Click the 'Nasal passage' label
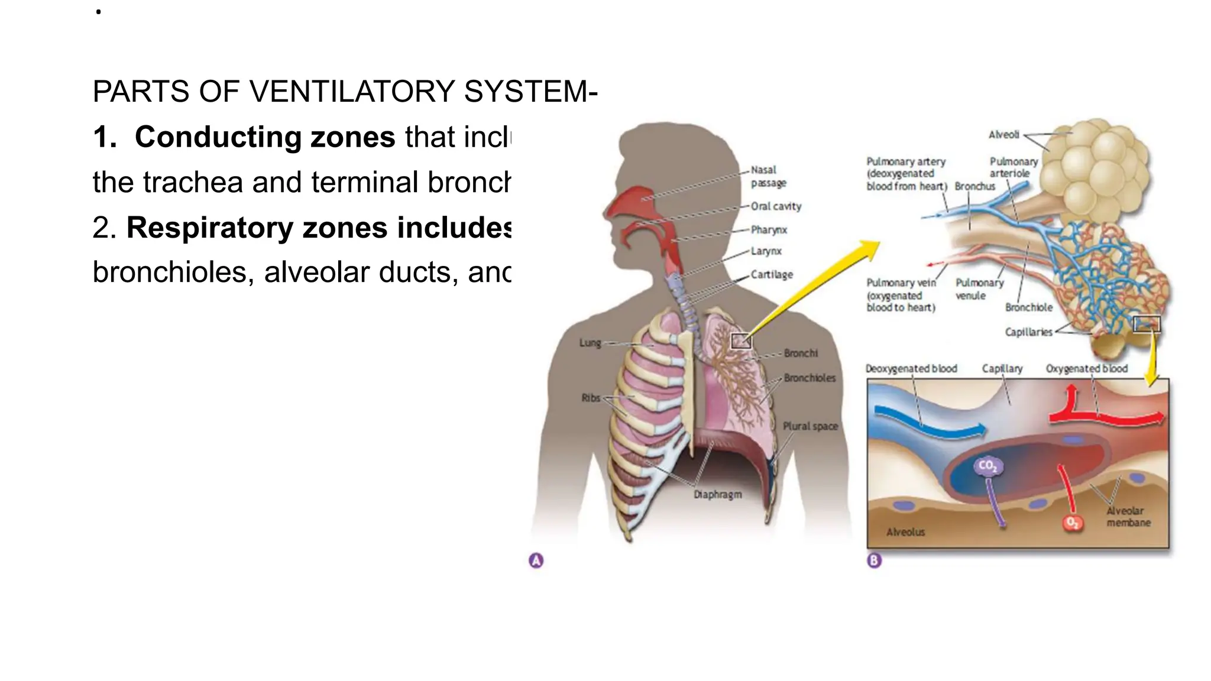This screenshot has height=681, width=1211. click(x=768, y=176)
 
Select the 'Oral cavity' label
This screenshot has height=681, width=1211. click(x=776, y=206)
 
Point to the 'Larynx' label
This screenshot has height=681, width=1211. click(x=766, y=251)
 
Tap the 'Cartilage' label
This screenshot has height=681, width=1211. click(x=772, y=275)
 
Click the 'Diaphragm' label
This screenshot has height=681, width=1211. click(x=717, y=494)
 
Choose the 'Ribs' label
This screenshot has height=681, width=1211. click(x=591, y=398)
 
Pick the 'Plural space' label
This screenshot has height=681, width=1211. click(x=810, y=426)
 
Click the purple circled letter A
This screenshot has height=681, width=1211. click(x=536, y=560)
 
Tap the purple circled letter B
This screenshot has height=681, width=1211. click(x=874, y=560)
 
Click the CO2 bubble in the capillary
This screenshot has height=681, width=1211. click(x=987, y=466)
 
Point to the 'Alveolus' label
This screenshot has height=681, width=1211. click(x=905, y=532)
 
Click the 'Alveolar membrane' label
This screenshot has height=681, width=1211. click(x=1128, y=517)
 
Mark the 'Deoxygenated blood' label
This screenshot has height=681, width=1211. click(x=911, y=369)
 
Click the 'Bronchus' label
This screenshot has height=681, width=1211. click(x=974, y=186)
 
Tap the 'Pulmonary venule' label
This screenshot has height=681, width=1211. click(x=979, y=289)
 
